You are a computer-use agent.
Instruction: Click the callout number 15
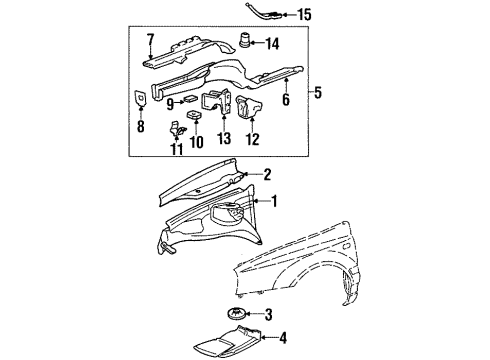coord(304,15)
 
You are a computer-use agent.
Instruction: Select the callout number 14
coord(272,44)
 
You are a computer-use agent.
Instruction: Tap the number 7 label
coord(151,40)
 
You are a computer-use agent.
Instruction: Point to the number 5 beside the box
coord(318,92)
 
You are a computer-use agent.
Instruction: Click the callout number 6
coord(286,100)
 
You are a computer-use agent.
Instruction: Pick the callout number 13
coord(224,138)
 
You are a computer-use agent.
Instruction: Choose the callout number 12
coord(253,139)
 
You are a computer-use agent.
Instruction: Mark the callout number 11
coord(177,149)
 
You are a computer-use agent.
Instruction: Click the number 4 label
coord(283,338)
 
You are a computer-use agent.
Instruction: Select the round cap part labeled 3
coord(236,314)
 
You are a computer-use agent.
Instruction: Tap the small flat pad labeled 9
coord(190,99)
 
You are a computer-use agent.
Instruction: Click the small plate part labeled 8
coord(140,98)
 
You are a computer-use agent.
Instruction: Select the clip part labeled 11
coord(177,130)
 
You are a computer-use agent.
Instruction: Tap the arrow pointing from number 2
coord(253,174)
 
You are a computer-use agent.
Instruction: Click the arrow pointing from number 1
coord(261,201)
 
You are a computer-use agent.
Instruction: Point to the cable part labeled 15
coord(265,12)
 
